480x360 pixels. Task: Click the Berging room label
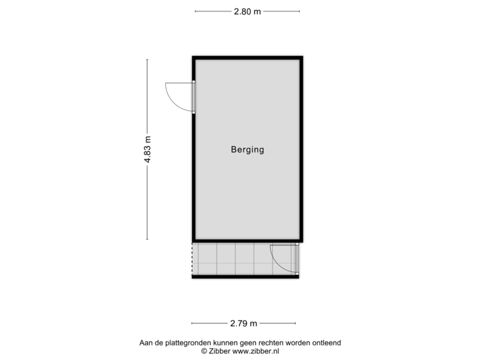coord(247,150)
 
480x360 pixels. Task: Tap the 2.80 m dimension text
coord(247,11)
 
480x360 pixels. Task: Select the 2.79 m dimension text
coord(243,324)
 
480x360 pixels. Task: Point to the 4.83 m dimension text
coord(147,149)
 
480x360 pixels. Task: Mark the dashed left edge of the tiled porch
coord(192,259)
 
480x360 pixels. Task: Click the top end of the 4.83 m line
coord(147,59)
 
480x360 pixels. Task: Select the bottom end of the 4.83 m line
coord(147,239)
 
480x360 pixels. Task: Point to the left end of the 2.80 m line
coord(195,11)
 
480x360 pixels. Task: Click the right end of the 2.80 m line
coord(300,11)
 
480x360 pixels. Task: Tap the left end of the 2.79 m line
coord(191,324)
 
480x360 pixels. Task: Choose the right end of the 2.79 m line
coord(295,324)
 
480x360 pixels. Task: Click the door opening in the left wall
coord(193,97)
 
